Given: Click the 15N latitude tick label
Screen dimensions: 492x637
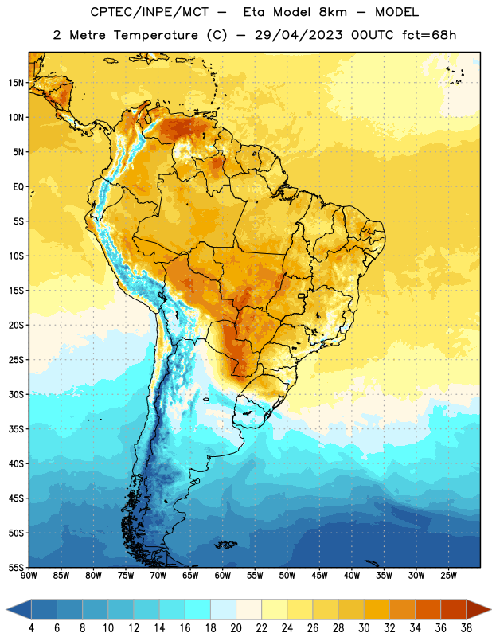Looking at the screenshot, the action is point(16,83).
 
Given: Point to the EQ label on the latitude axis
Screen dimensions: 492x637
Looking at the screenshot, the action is point(18,187).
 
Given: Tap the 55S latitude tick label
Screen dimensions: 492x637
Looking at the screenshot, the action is point(16,567).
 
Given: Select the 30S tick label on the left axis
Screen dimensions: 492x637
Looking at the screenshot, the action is point(16,394).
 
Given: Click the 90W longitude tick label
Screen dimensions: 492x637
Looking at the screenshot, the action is point(29,576).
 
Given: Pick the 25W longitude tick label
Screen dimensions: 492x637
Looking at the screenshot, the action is point(448,576).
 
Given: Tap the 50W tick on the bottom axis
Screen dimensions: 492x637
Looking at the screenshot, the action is point(287,576).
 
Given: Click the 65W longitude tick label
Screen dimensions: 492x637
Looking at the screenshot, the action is point(190,576).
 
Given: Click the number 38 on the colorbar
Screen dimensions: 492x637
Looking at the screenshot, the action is point(466,628).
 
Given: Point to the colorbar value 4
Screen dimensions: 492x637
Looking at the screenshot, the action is point(31,628).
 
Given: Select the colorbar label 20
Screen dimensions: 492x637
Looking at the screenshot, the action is point(236,628).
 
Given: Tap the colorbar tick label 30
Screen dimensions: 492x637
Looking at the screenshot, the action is point(364,628).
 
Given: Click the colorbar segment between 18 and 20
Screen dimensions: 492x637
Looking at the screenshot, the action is point(224,609).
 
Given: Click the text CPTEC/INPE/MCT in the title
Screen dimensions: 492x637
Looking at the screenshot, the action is point(150,12).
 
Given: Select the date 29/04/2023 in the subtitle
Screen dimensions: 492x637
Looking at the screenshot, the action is point(299,35).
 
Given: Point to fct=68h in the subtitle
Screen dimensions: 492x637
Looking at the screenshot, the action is point(429,35).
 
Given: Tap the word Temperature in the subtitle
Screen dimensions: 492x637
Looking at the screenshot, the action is point(156,35).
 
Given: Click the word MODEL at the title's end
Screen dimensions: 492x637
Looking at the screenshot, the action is point(397,12).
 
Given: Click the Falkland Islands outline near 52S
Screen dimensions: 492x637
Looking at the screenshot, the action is point(226,545).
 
